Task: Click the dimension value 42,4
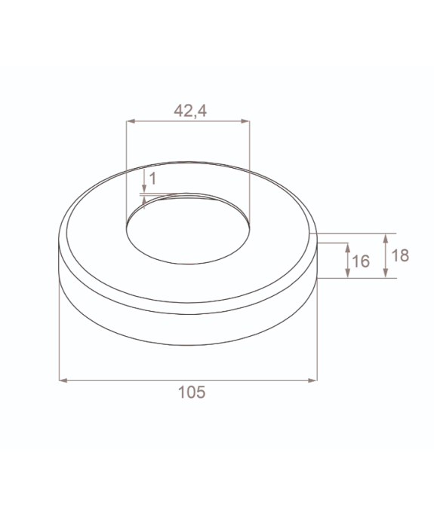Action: click(x=190, y=111)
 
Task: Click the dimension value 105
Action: click(x=191, y=392)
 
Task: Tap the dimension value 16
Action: click(x=361, y=261)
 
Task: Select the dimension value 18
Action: click(x=400, y=255)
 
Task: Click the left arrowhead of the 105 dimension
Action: click(x=63, y=380)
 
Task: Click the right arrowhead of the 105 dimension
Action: click(x=313, y=380)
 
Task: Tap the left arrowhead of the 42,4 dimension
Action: click(x=130, y=120)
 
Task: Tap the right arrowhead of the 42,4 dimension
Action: click(x=245, y=120)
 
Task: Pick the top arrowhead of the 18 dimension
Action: click(x=386, y=237)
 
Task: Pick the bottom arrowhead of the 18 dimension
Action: click(x=386, y=273)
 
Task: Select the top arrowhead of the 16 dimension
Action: click(x=347, y=246)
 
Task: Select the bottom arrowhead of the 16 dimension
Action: click(x=347, y=273)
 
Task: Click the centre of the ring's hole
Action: click(x=188, y=228)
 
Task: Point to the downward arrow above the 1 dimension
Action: click(x=143, y=188)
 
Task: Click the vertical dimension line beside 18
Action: click(x=386, y=255)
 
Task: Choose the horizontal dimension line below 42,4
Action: click(x=188, y=120)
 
